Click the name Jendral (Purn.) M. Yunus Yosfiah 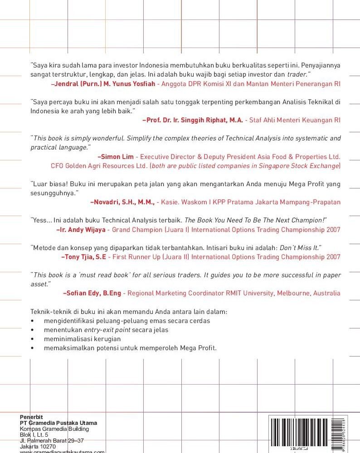click(104, 84)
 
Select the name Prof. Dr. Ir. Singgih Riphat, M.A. click(193, 120)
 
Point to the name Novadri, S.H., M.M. click(123, 202)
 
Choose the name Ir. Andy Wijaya click(81, 230)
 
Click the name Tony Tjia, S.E click(83, 257)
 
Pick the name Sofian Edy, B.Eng click(92, 293)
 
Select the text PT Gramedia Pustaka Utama click(58, 423)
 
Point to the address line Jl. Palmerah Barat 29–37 click(52, 440)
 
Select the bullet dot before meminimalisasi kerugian click(32, 339)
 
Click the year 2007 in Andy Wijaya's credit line click(331, 230)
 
